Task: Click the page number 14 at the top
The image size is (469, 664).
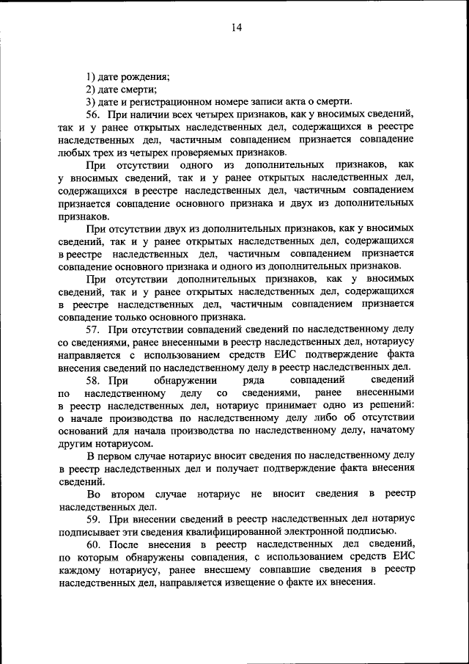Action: pyautogui.click(x=236, y=28)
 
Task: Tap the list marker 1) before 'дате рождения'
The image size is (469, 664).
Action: pyautogui.click(x=90, y=76)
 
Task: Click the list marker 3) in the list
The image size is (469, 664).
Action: pyautogui.click(x=90, y=102)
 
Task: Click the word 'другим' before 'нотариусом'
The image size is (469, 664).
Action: pyautogui.click(x=75, y=443)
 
